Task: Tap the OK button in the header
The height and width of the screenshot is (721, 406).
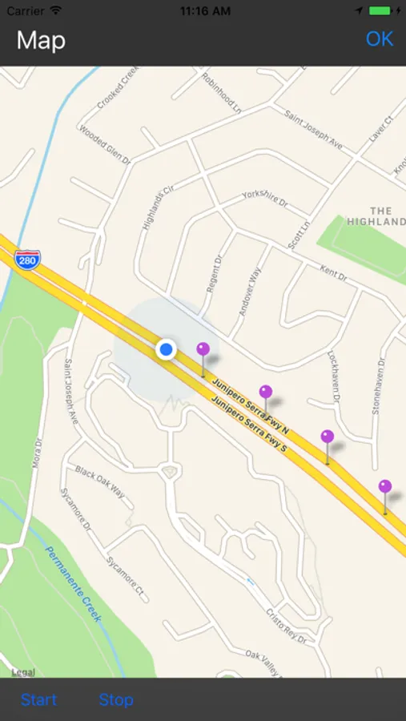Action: (380, 39)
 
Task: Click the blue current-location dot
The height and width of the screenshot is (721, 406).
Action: (166, 349)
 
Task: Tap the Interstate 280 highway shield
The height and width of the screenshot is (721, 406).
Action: (27, 260)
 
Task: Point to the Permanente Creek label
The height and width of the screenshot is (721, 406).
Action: (74, 584)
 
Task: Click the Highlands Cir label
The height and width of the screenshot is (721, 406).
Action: (158, 208)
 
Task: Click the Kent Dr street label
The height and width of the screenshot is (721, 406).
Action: (333, 273)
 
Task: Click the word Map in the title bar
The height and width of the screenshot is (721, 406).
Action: (41, 40)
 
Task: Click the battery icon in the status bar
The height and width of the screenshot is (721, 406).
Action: (381, 11)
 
